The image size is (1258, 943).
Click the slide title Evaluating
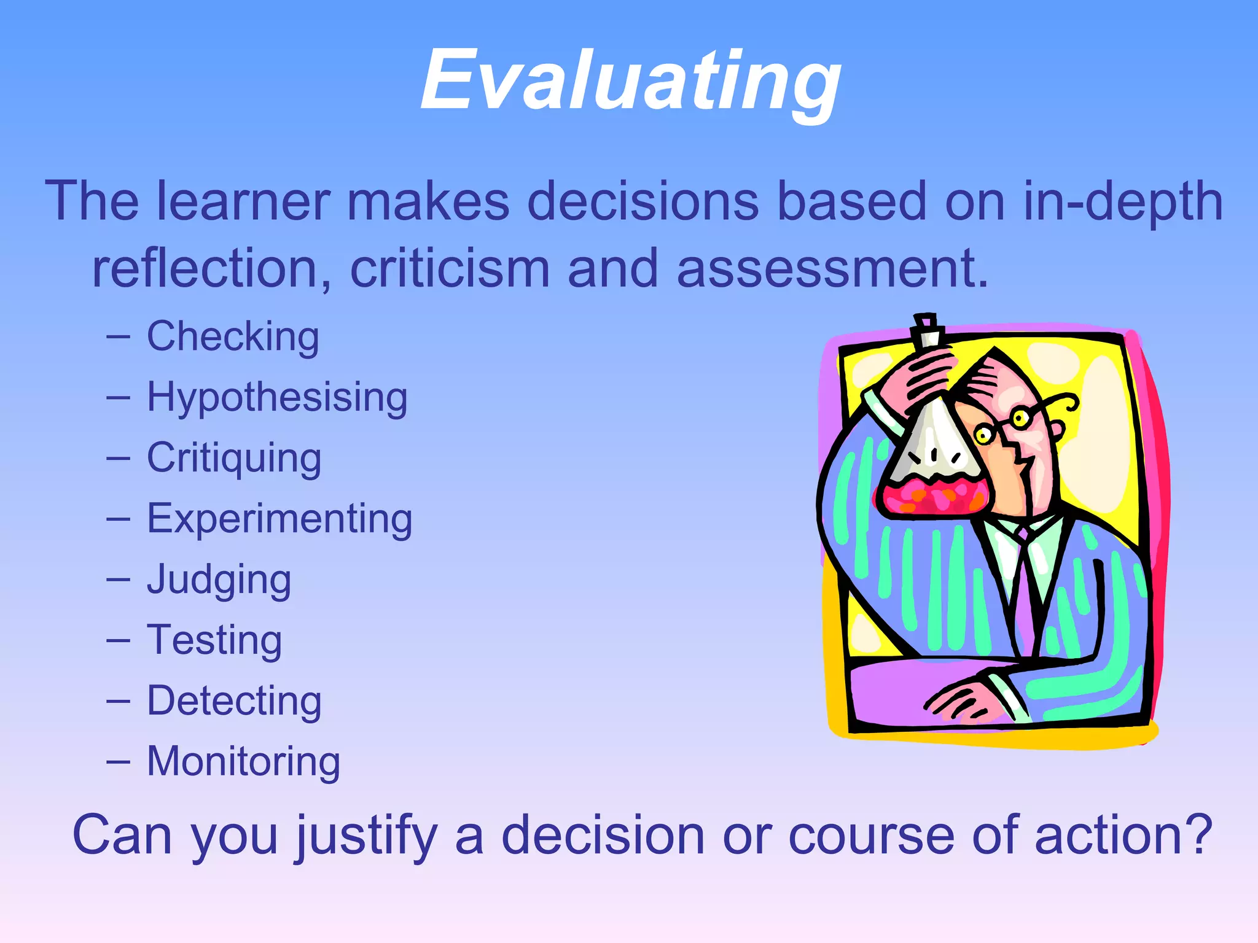point(631,81)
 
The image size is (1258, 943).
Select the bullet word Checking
point(233,337)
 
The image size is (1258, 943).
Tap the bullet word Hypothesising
point(277,397)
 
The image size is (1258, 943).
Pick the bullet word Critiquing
point(234,458)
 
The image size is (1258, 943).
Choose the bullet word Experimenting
point(279,519)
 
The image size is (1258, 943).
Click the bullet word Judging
point(219,580)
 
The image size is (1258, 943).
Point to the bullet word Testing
point(214,640)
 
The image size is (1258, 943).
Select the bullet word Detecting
point(234,700)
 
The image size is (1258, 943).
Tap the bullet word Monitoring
point(243,761)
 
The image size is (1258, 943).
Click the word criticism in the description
point(450,268)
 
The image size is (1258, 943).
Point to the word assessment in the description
point(832,268)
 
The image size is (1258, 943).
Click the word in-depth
point(1123,201)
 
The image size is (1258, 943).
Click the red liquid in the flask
point(934,495)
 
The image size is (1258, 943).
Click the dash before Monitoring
point(118,762)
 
